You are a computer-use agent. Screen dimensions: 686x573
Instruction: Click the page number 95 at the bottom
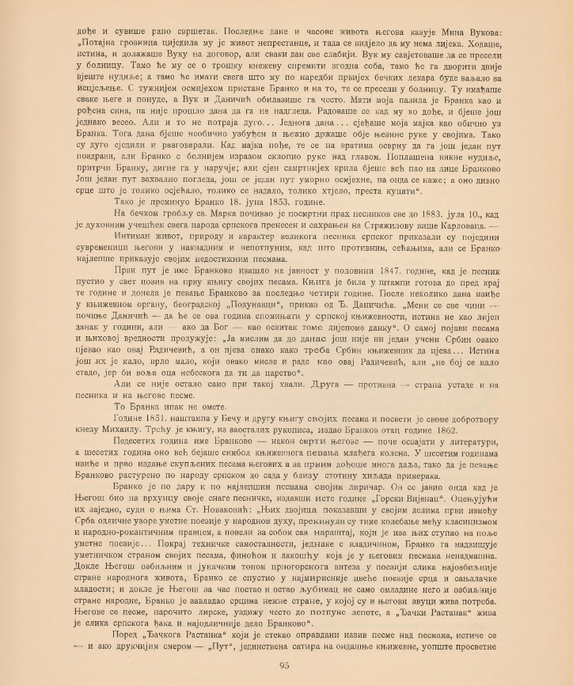click(286, 664)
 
